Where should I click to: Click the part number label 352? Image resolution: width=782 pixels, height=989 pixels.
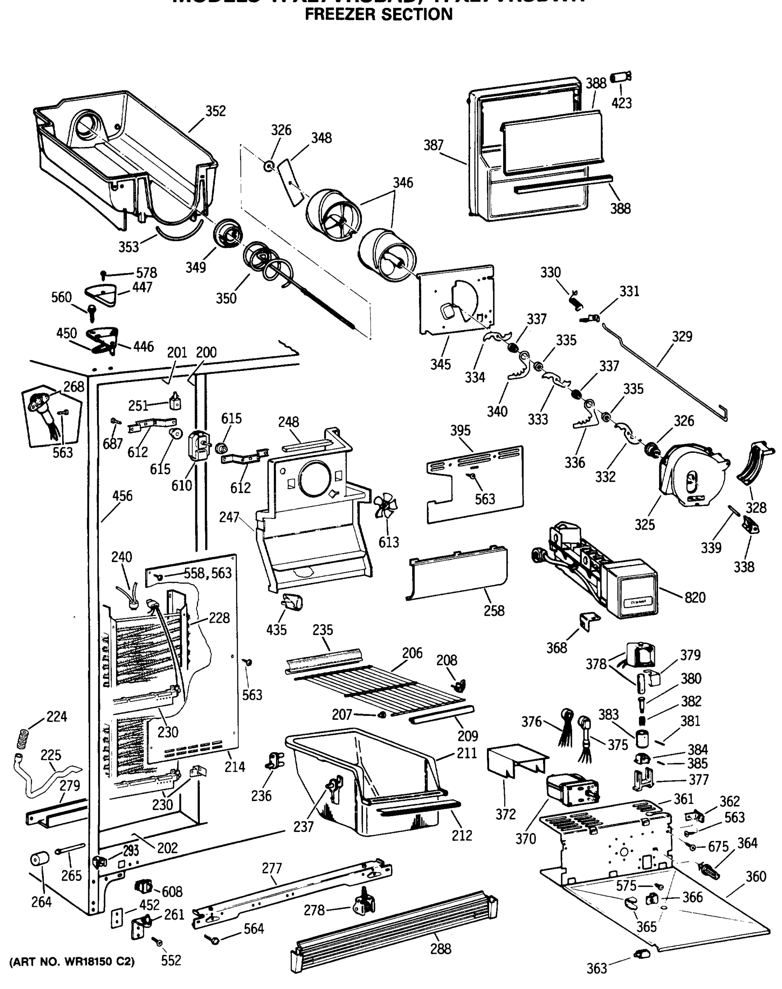click(215, 111)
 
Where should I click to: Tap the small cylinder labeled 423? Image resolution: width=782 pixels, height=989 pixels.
click(621, 77)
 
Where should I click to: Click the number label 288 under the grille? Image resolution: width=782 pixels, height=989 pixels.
click(440, 949)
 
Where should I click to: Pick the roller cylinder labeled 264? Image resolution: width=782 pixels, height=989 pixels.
click(40, 858)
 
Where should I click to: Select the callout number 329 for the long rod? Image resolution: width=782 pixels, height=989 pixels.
click(682, 337)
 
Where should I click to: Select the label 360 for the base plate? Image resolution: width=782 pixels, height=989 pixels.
click(756, 877)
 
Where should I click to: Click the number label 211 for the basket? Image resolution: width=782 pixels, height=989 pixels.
click(466, 753)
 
